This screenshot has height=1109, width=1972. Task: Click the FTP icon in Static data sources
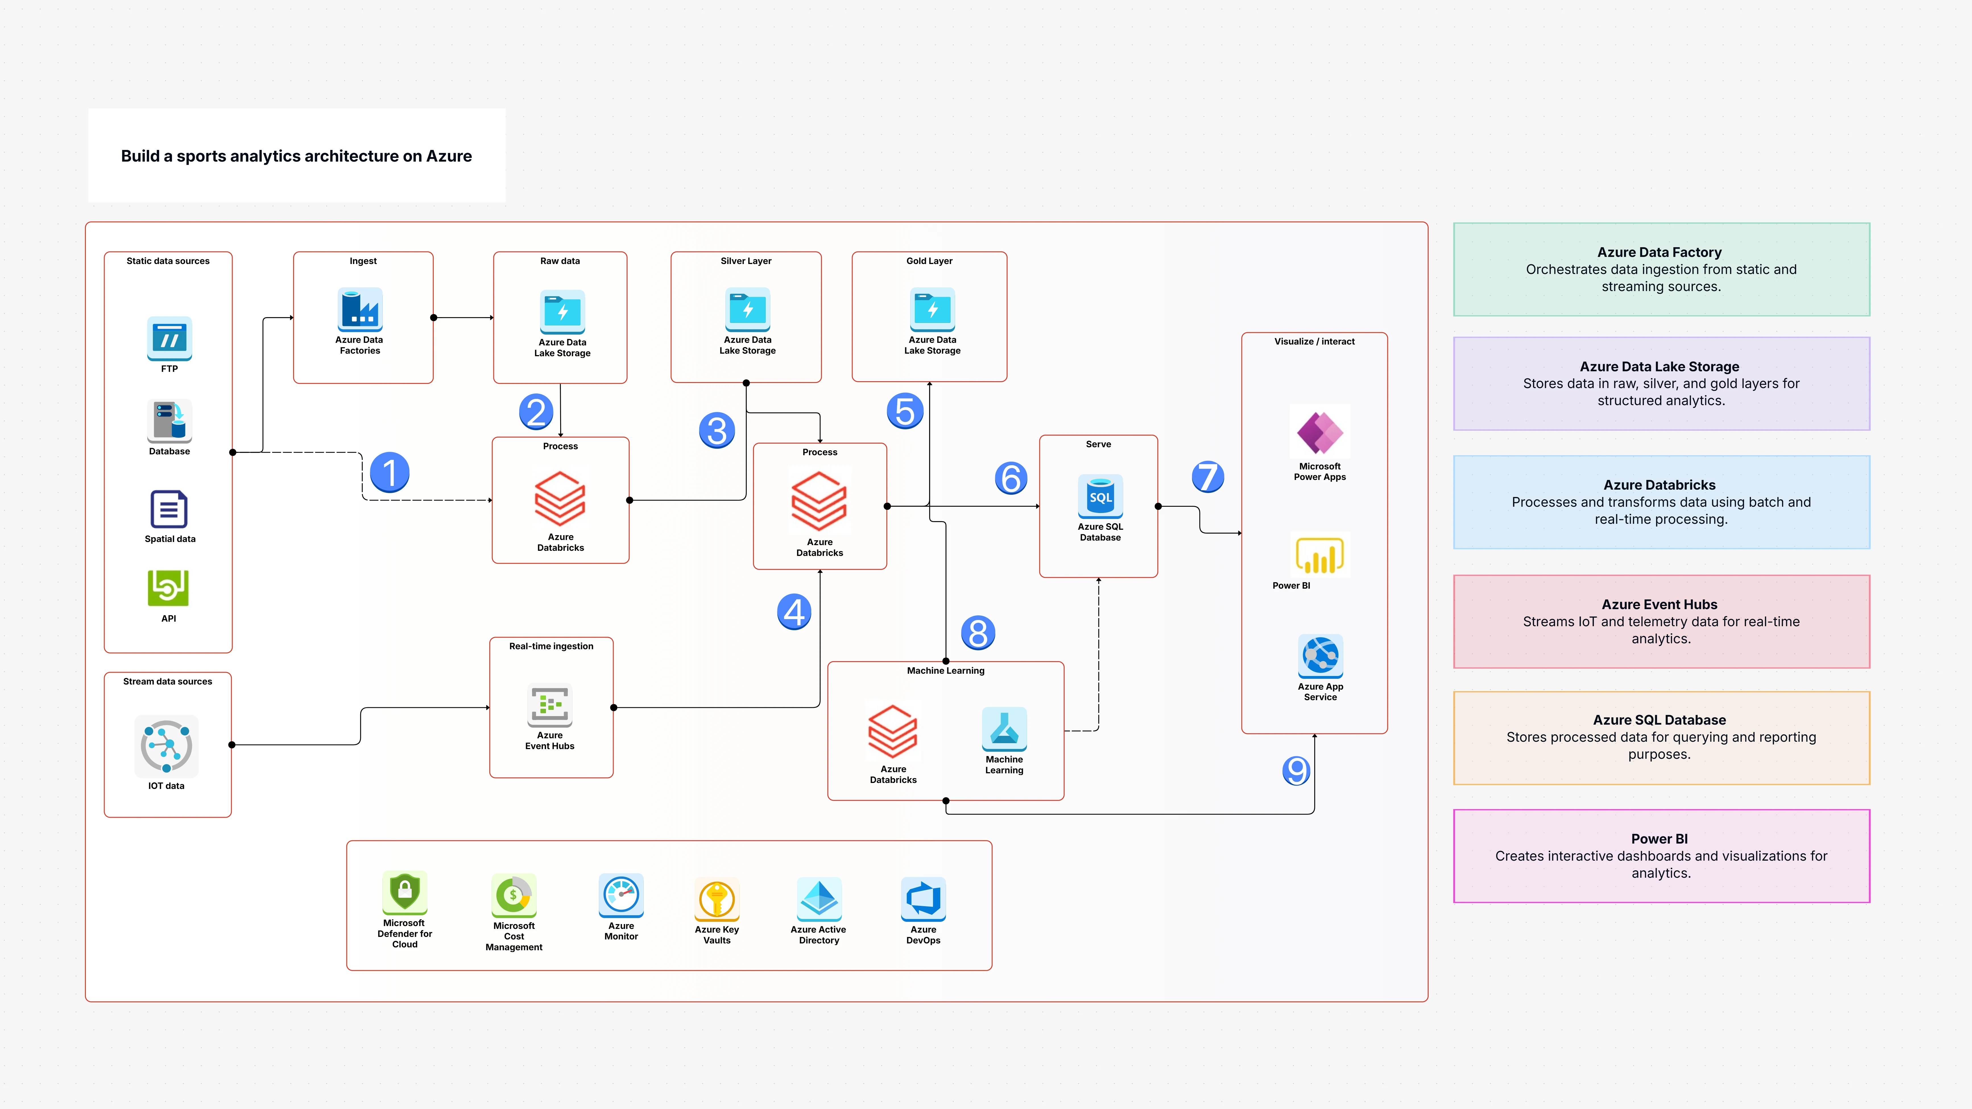click(169, 338)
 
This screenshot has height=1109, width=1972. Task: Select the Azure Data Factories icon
click(360, 310)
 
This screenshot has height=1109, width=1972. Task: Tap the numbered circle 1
click(390, 473)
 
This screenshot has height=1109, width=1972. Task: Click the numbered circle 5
click(905, 411)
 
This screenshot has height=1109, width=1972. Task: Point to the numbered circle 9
click(1296, 770)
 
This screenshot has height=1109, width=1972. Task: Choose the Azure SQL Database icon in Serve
click(1100, 496)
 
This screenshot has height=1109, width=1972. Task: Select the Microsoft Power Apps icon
click(1320, 433)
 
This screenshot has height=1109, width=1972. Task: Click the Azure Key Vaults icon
click(717, 899)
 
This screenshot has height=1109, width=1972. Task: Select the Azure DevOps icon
click(923, 899)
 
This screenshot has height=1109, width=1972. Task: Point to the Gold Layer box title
click(929, 261)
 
